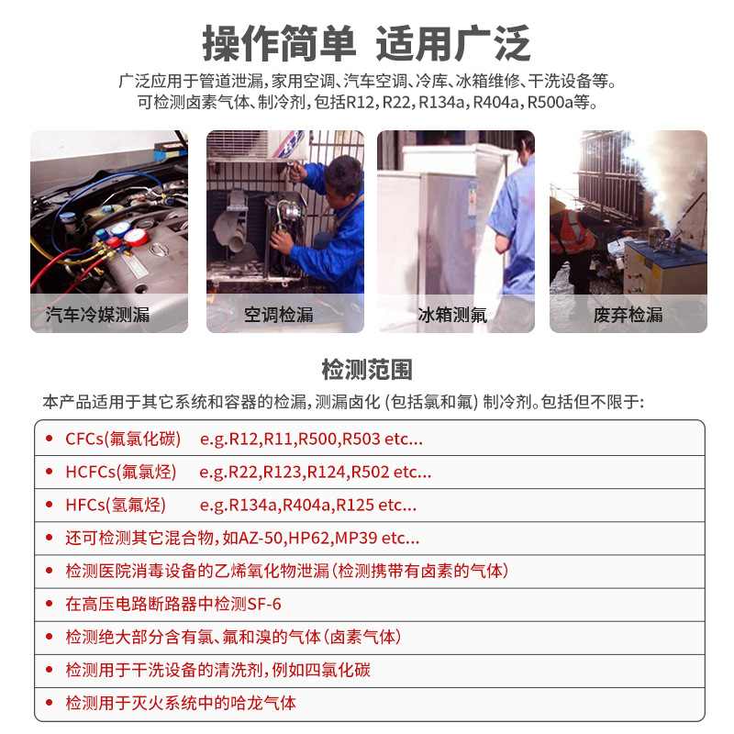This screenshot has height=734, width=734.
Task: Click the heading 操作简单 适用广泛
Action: click(x=367, y=43)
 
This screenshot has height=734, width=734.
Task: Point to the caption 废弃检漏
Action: click(x=628, y=315)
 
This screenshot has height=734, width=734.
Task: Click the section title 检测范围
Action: click(x=367, y=370)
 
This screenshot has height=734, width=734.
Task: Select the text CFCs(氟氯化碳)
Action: click(x=123, y=439)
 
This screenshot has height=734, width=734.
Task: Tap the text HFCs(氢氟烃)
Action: click(x=115, y=505)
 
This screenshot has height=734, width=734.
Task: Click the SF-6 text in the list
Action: click(x=263, y=604)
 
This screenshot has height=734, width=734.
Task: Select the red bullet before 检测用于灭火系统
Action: click(x=50, y=703)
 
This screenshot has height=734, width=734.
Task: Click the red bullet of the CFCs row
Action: click(x=50, y=439)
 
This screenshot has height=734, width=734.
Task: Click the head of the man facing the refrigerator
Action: click(x=523, y=145)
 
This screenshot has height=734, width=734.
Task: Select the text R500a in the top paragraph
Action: click(x=547, y=102)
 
